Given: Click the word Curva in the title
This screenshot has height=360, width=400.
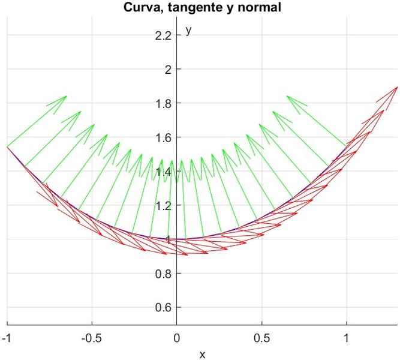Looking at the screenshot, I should click(x=140, y=8).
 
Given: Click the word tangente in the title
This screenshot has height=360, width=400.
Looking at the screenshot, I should click(x=185, y=8).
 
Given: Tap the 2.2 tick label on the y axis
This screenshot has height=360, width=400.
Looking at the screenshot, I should click(x=163, y=36).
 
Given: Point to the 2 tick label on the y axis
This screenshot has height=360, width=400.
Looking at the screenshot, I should click(x=169, y=70).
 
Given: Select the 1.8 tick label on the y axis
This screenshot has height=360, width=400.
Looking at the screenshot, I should click(x=163, y=104).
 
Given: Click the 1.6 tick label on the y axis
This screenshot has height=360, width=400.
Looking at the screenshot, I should click(x=163, y=137).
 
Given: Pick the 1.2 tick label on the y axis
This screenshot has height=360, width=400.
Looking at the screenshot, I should click(x=163, y=205).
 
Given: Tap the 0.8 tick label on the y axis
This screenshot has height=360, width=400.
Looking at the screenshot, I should click(x=163, y=274).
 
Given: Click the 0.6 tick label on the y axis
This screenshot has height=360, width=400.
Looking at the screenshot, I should click(x=163, y=308).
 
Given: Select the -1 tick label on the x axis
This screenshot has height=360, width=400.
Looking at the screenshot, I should click(x=7, y=338).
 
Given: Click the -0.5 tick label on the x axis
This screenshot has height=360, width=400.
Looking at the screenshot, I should click(x=92, y=338).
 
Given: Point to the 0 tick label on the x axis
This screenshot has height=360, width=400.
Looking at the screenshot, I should click(x=177, y=338).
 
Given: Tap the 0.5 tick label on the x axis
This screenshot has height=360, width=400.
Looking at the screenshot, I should click(x=261, y=338).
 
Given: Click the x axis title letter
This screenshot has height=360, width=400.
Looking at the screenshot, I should click(x=202, y=354).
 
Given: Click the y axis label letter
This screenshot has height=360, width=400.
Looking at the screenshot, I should click(x=188, y=29).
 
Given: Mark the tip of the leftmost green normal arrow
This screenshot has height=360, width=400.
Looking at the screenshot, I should click(x=67, y=96).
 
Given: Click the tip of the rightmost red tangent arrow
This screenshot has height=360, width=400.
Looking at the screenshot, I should click(x=397, y=87).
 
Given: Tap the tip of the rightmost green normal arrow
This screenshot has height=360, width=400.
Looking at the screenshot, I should click(x=287, y=96).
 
